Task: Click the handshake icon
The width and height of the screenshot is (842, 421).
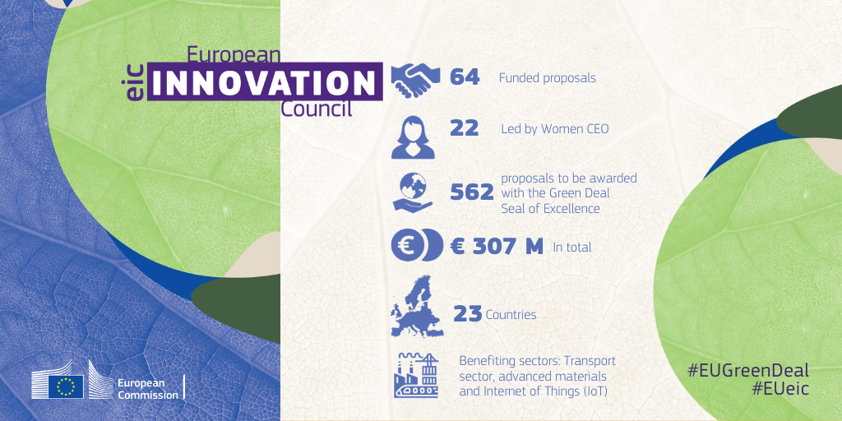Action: [416, 78]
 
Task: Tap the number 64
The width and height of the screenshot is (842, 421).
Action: [465, 77]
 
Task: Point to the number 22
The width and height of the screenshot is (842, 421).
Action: [465, 128]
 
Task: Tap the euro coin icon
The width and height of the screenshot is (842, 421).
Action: [417, 246]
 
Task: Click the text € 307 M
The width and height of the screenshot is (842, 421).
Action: [497, 246]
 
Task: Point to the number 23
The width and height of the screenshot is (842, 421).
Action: [467, 314]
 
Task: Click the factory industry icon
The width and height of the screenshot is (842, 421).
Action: [418, 376]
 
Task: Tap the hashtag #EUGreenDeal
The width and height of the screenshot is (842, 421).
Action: [748, 370]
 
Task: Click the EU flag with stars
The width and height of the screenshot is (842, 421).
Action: [66, 385]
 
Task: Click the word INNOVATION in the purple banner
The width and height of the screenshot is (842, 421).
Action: [264, 82]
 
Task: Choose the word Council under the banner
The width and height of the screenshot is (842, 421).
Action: [317, 109]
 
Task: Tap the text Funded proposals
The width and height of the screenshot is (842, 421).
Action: [547, 78]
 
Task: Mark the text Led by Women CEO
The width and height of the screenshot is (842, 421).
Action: [554, 129]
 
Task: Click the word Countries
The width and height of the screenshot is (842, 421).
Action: [511, 315]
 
